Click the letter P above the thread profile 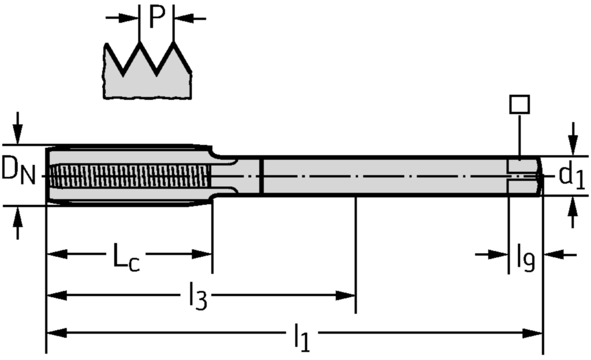coord(157,17)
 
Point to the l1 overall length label coord(301,338)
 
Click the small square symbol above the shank coord(519,104)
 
